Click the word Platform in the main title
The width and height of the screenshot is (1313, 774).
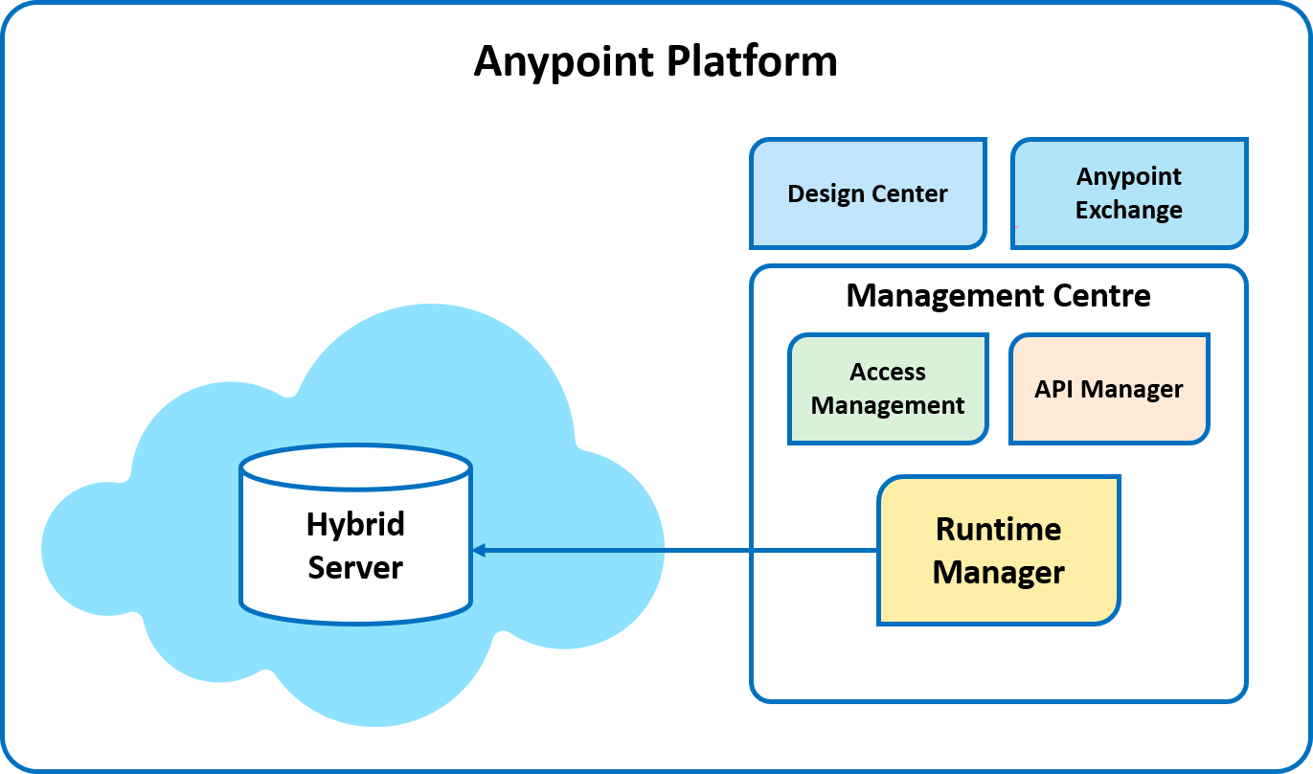pyautogui.click(x=752, y=61)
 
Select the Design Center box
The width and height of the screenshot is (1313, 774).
pyautogui.click(x=868, y=193)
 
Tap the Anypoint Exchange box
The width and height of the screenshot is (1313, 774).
pyautogui.click(x=1129, y=193)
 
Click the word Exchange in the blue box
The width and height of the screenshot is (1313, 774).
pyautogui.click(x=1129, y=210)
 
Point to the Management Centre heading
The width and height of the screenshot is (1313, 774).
pyautogui.click(x=998, y=295)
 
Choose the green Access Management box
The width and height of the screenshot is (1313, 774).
pyautogui.click(x=888, y=389)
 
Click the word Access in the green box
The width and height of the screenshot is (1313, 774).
pyautogui.click(x=888, y=372)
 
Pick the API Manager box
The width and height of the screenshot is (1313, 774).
pyautogui.click(x=1109, y=389)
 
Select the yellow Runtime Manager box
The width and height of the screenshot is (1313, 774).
pyautogui.click(x=998, y=551)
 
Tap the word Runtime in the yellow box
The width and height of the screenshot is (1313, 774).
pyautogui.click(x=998, y=529)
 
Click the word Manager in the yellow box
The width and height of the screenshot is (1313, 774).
pyautogui.click(x=998, y=573)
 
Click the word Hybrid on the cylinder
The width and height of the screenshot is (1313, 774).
pyautogui.click(x=355, y=524)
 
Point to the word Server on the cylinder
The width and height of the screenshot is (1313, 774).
pyautogui.click(x=355, y=567)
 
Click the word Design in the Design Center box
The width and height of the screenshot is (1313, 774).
pyautogui.click(x=826, y=193)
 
